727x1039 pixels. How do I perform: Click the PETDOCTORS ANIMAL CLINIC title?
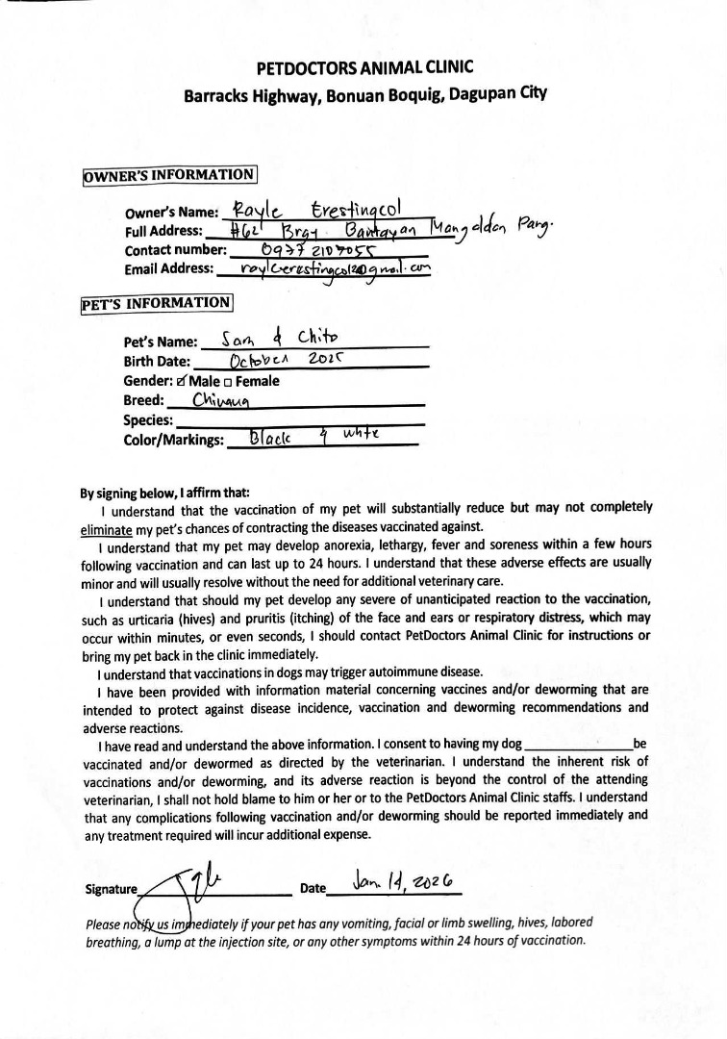click(x=364, y=68)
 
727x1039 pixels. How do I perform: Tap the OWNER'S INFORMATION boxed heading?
click(x=170, y=175)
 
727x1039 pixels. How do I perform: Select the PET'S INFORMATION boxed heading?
click(x=157, y=302)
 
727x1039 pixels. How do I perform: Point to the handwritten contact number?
click(x=308, y=249)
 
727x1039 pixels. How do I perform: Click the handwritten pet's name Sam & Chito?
click(x=278, y=338)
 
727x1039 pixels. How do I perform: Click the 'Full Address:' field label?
click(x=163, y=232)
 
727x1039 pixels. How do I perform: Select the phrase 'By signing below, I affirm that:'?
click(x=164, y=492)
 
